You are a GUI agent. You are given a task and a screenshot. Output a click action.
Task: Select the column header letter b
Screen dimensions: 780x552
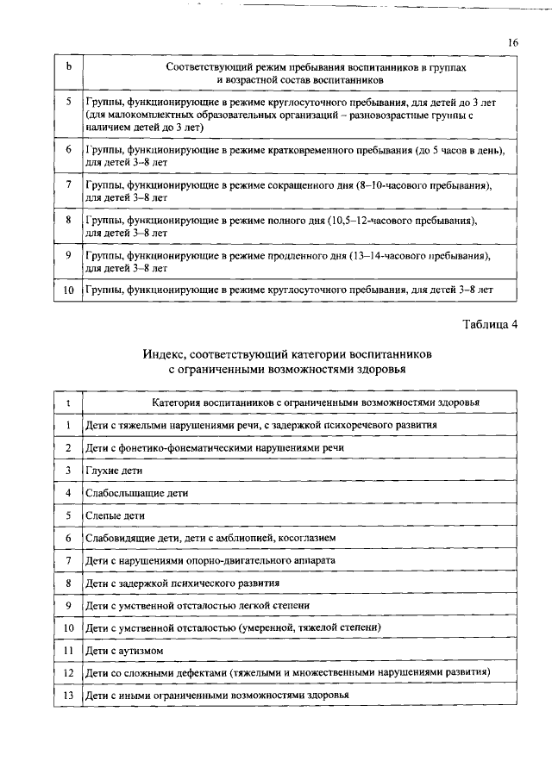coord(67,66)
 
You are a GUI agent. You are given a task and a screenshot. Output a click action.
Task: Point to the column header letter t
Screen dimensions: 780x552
coord(67,402)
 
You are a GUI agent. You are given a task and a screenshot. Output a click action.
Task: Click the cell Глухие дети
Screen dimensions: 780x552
coord(114,471)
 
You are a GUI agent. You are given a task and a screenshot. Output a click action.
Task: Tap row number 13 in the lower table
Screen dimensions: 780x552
coord(67,695)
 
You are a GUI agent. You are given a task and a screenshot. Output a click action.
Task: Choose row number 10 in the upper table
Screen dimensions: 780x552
coord(67,291)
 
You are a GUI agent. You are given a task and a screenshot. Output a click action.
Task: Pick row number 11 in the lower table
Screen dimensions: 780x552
coord(67,650)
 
